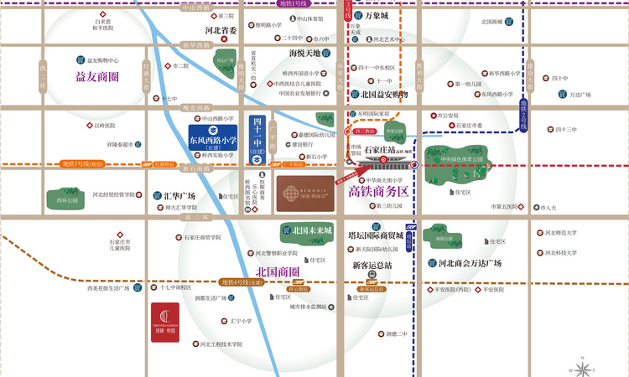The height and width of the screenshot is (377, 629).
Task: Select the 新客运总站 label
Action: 372,266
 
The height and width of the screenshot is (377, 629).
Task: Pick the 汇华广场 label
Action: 179,196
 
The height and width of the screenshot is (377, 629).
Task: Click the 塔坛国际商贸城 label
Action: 379,235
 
